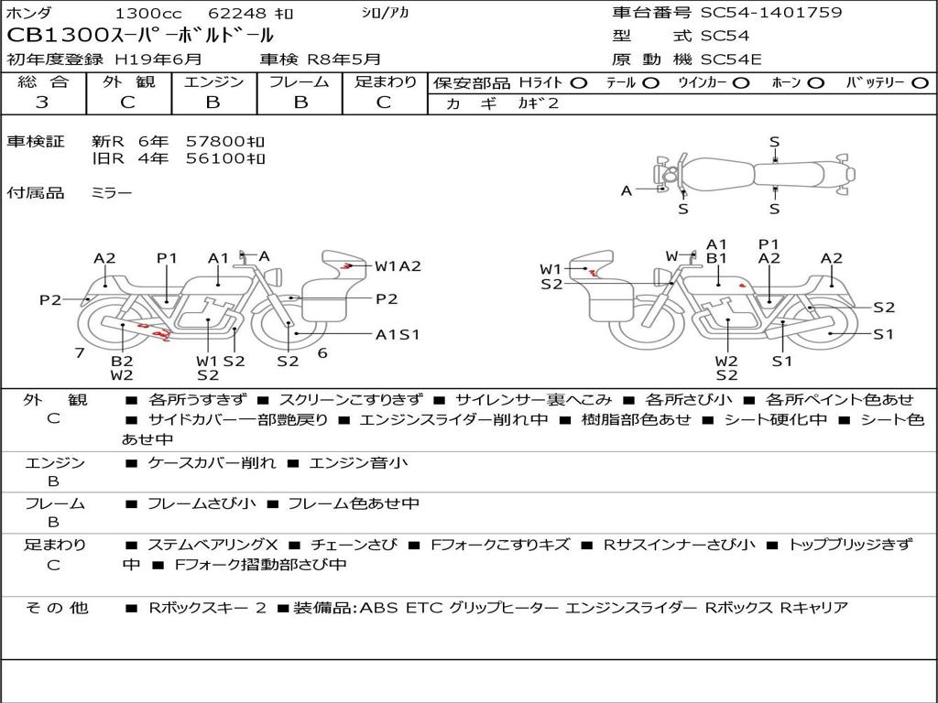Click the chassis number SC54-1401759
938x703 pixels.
coord(771,13)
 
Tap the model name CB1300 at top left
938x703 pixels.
coord(57,36)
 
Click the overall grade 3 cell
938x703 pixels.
coord(42,102)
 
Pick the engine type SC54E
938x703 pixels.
coord(731,59)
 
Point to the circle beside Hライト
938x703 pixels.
coord(578,83)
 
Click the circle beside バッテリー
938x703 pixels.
coord(920,83)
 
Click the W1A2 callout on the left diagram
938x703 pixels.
coord(398,266)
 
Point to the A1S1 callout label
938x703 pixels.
coord(398,335)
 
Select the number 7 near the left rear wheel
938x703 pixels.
coord(80,352)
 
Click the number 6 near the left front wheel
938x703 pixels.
coord(322,352)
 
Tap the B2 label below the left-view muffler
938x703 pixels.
coord(122,361)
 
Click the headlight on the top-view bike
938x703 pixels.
coord(670,175)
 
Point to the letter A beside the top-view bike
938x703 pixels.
coord(627,190)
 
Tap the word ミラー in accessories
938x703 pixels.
coord(111,192)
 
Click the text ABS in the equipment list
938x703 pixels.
coord(378,608)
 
